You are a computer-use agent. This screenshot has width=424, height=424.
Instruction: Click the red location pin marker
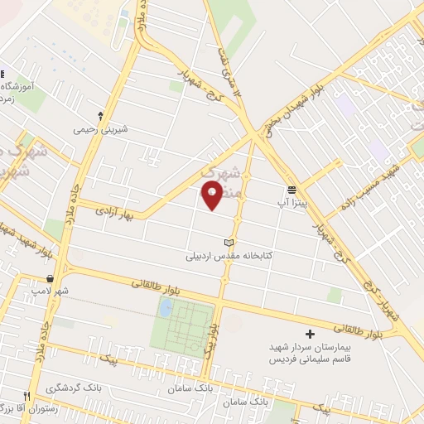pos(213,195)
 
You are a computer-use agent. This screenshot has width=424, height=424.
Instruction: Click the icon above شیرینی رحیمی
pos(100,115)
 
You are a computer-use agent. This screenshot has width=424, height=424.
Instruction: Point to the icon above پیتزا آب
pos(291,188)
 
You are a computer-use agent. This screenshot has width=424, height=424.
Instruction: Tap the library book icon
pos(229,243)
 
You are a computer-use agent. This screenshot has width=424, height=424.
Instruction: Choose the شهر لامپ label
pos(49,291)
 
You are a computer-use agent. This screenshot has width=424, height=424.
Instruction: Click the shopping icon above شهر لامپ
pos(52,278)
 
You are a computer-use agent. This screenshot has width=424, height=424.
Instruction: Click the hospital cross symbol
pos(310,334)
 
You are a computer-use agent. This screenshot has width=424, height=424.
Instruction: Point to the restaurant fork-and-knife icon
pos(27,395)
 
